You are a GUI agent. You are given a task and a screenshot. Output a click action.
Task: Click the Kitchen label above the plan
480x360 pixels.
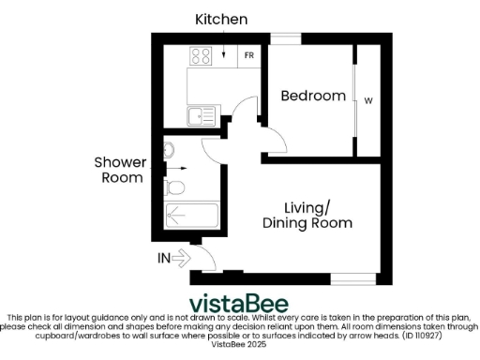coord(221,19)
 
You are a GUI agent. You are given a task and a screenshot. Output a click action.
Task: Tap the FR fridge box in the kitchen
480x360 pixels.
coord(249,55)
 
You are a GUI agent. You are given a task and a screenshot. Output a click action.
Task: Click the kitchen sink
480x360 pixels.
coord(200,117)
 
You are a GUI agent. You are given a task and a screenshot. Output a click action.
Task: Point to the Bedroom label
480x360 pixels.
coord(313,96)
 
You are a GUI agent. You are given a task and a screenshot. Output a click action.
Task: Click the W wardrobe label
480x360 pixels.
coord(368,100)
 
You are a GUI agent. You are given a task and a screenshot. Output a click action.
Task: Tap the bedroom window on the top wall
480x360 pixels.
coord(280,37)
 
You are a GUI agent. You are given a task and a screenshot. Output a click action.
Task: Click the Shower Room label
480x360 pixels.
coord(119,170)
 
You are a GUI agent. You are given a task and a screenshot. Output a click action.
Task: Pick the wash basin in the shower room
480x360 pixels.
coord(170,150)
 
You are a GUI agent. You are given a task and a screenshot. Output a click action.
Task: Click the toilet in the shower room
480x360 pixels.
coord(174,187)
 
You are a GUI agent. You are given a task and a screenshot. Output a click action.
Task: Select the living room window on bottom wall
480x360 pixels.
coord(355,278)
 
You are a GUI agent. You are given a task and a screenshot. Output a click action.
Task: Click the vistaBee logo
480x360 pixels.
coord(239,304)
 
